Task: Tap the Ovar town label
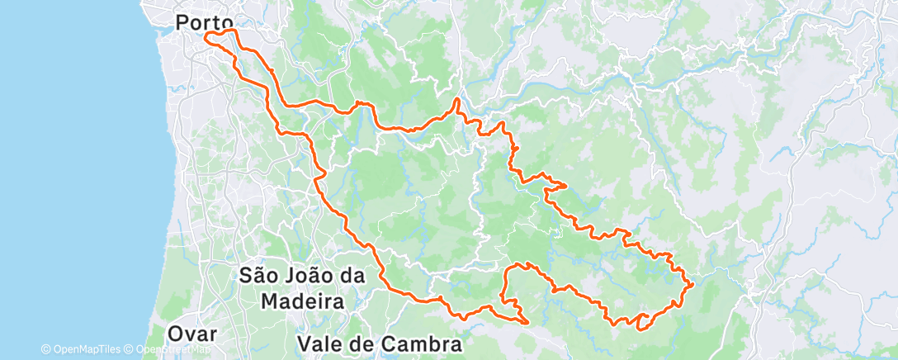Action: coord(194,334)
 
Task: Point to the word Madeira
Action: coord(302,301)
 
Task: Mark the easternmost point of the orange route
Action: coord(692,284)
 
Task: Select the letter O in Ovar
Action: coord(176,334)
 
